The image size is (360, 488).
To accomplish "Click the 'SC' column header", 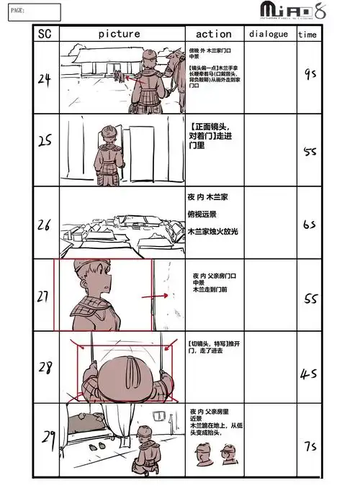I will coord(45,33).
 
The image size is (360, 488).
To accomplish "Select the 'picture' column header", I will coord(119,33).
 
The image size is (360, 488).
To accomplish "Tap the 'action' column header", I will coord(214,33).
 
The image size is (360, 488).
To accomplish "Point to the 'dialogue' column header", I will coord(269,33).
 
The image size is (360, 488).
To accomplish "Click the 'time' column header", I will coord(307,34).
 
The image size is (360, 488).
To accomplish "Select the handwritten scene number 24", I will coord(44,80).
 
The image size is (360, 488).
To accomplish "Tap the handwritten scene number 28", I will coord(45,368).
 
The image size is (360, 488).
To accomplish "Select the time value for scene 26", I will coord(310,225).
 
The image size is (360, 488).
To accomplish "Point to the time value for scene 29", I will coord(310,446).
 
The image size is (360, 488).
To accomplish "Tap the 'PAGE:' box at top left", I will coord(31,11).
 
